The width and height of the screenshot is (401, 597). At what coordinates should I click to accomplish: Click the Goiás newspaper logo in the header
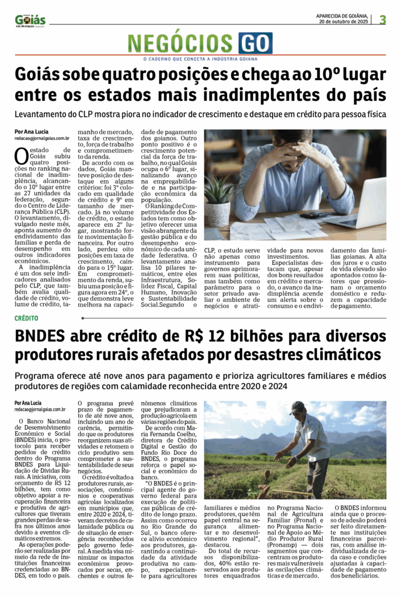[x=30, y=20]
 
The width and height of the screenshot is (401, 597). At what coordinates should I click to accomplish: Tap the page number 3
[x=382, y=20]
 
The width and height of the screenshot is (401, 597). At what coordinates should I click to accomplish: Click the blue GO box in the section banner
[x=255, y=43]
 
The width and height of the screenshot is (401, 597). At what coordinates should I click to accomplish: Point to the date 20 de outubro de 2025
[x=343, y=22]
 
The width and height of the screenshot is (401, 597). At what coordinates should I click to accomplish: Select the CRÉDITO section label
[x=27, y=318]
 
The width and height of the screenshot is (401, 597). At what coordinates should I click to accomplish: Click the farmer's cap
[x=298, y=406]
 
